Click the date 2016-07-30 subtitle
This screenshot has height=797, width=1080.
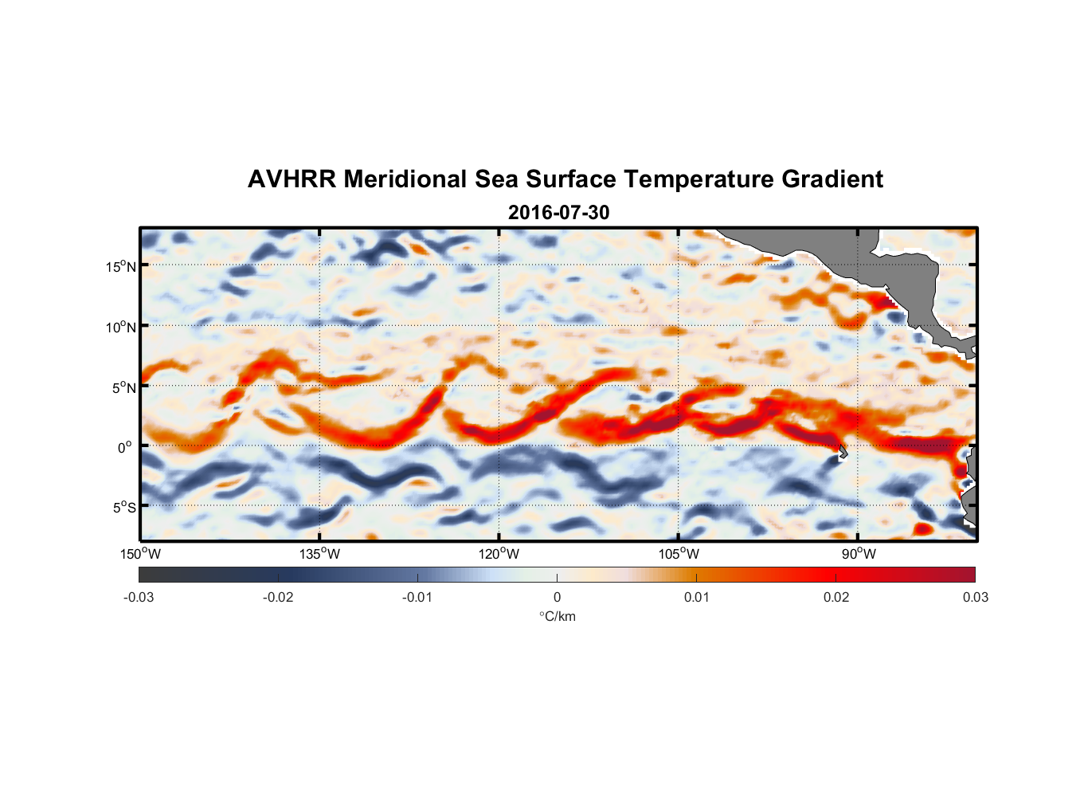tap(558, 213)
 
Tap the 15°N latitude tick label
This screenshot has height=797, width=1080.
tap(121, 266)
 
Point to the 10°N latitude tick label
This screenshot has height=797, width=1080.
tap(121, 327)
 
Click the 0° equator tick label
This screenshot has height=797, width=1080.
tap(125, 447)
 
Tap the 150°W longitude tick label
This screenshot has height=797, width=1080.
tap(140, 554)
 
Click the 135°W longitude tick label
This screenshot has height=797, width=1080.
tap(319, 554)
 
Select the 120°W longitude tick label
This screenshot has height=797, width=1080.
tap(499, 554)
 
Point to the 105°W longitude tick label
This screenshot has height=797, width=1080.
tap(679, 554)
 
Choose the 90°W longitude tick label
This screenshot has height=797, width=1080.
tap(859, 554)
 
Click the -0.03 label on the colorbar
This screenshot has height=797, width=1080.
tap(139, 597)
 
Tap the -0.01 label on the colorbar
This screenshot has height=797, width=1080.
tap(417, 597)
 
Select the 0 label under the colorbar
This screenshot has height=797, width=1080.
tap(557, 597)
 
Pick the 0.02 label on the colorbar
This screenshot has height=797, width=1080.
tap(836, 597)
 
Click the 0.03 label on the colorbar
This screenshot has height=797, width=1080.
tap(975, 597)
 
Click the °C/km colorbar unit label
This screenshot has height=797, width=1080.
tap(557, 616)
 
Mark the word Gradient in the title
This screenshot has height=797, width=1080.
tap(832, 179)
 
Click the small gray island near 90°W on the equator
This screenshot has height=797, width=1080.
tap(843, 453)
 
